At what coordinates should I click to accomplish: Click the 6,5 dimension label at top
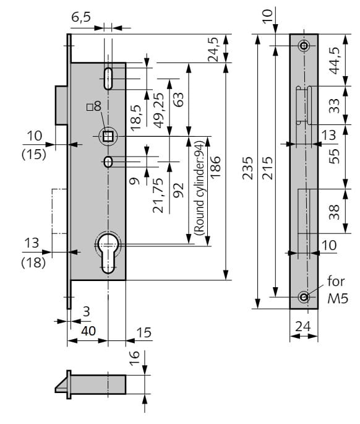coord(81,17)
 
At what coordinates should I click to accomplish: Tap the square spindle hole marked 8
coord(108,136)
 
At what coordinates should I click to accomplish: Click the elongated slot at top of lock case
coord(108,79)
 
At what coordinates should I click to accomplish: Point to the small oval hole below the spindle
coord(108,162)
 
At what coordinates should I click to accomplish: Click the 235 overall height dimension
coord(247,168)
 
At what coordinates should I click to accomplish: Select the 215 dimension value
coord(267,168)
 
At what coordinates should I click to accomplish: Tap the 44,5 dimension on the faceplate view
coord(335,61)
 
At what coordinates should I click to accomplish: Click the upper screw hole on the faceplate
coord(304,45)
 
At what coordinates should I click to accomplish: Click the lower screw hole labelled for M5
coord(304,297)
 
